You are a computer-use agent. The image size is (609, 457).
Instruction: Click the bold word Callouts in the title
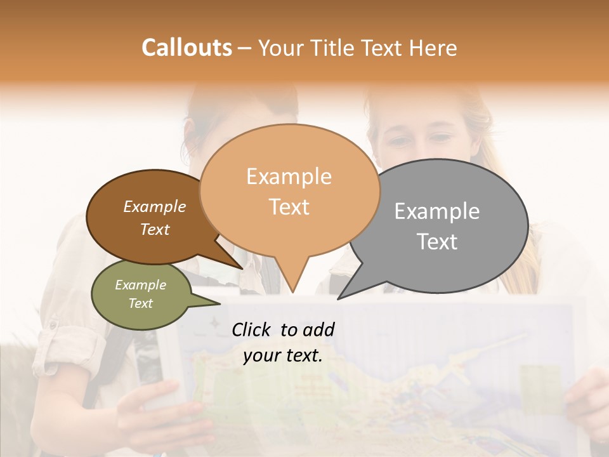point(187,48)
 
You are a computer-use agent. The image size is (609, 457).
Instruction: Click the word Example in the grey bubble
point(436,211)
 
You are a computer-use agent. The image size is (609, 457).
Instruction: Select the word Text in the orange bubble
point(289,208)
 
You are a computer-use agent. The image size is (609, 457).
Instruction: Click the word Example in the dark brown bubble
point(154,207)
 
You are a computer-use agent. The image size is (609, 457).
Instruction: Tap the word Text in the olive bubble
point(140,303)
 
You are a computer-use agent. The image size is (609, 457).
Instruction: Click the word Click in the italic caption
point(252,329)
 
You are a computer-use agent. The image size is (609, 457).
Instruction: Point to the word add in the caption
point(318,329)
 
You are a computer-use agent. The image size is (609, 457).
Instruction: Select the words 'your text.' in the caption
point(282,356)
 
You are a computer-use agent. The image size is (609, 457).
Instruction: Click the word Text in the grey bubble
point(436,242)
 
